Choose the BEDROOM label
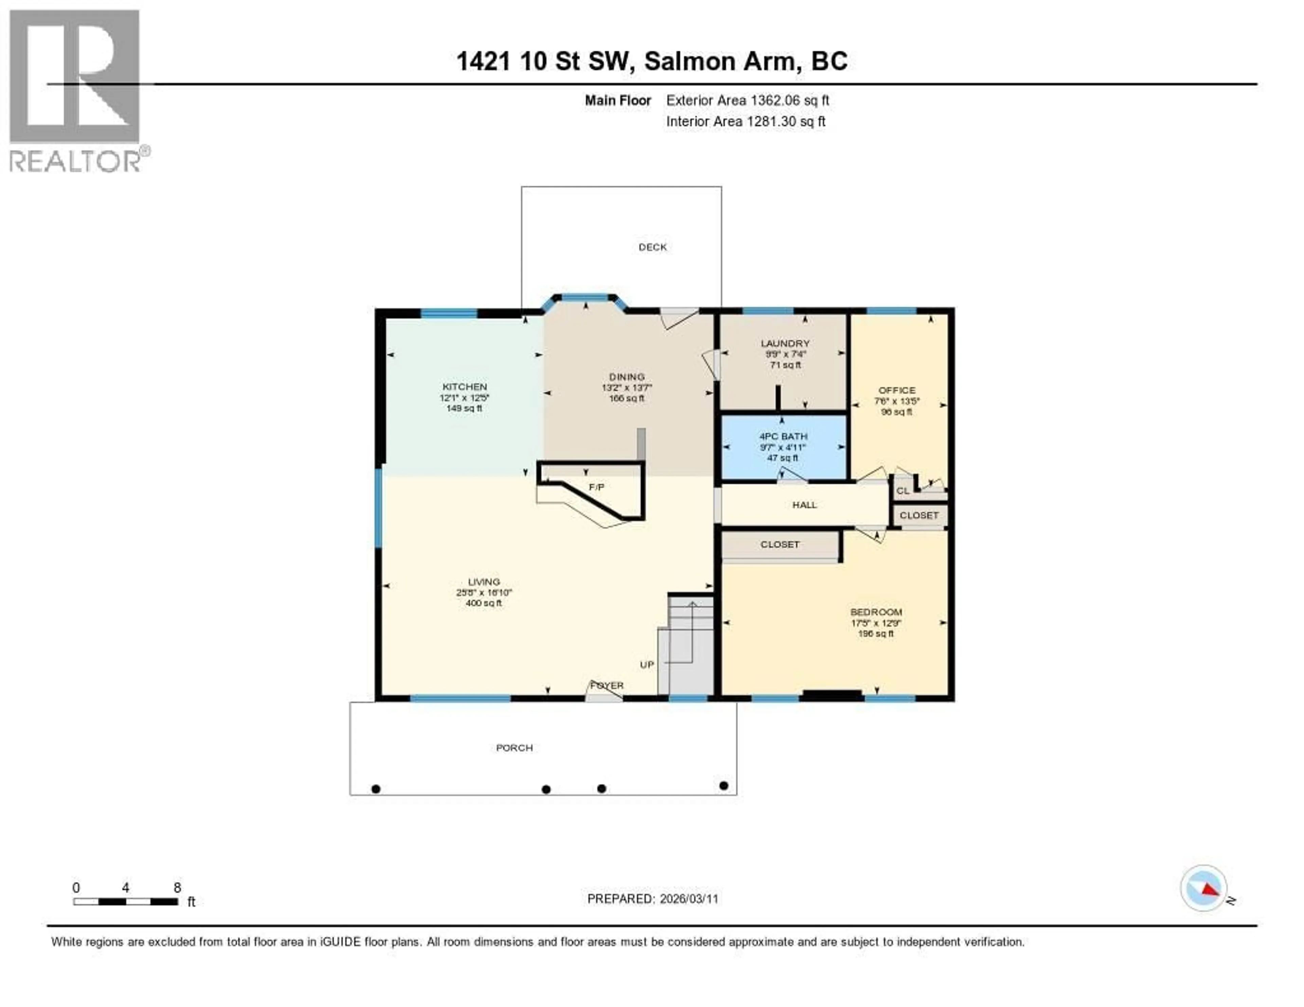(875, 612)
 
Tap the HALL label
(804, 505)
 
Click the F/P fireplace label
(596, 487)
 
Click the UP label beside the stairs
(647, 664)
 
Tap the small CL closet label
(902, 491)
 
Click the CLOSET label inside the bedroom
(779, 544)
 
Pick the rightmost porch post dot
(724, 786)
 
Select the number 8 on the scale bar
(177, 887)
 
